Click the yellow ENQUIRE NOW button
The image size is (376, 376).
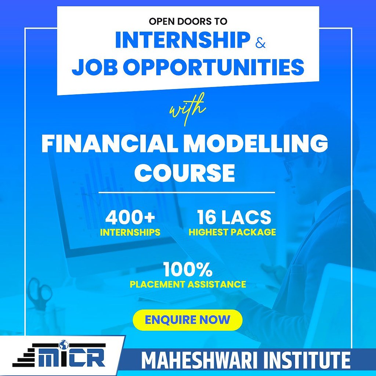187,320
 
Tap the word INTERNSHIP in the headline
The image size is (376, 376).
182,40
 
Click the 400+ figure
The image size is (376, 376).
130,217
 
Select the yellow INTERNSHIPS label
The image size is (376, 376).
130,232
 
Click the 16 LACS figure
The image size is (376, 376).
234,217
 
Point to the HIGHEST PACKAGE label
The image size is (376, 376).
232,232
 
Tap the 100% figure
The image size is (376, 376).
188,270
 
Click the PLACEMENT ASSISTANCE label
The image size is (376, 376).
188,284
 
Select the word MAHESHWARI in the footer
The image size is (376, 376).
199,362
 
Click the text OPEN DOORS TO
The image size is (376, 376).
188,21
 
